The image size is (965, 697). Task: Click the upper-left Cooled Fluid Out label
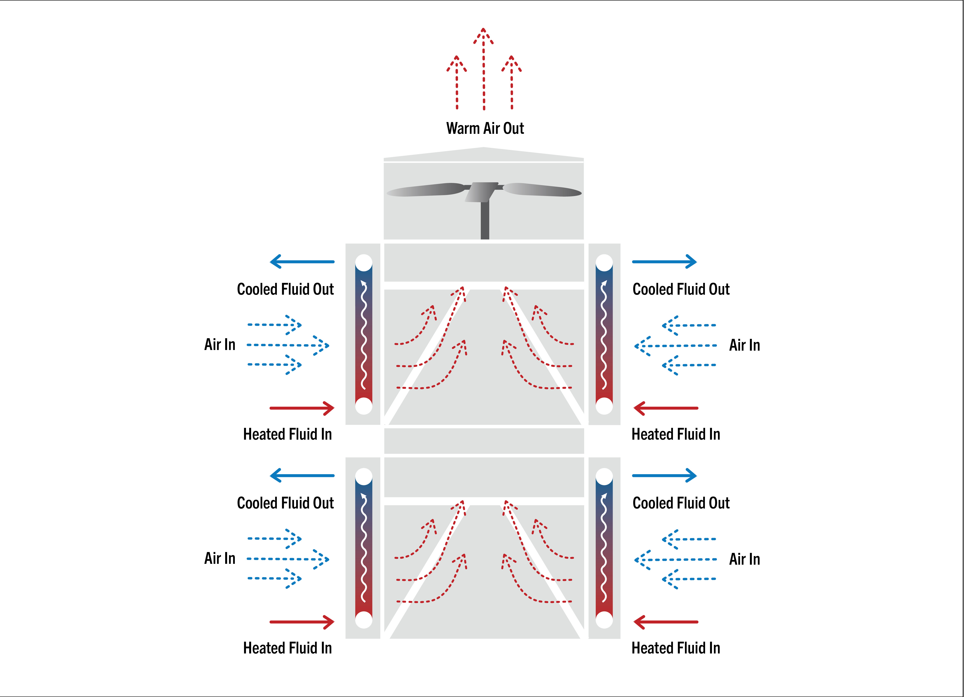pyautogui.click(x=285, y=289)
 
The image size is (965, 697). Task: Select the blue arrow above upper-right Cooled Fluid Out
pyautogui.click(x=664, y=262)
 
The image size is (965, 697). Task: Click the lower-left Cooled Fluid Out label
pyautogui.click(x=285, y=503)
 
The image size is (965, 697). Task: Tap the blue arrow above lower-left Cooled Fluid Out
pyautogui.click(x=302, y=475)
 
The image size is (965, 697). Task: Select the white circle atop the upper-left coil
pyautogui.click(x=364, y=263)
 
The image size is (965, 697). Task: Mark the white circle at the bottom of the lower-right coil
pyautogui.click(x=604, y=620)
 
